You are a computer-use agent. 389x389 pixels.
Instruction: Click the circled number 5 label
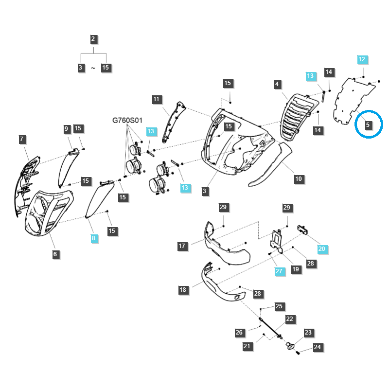click(368, 125)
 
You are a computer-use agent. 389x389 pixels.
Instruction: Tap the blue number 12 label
click(362, 59)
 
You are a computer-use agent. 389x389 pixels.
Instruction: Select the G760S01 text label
click(127, 120)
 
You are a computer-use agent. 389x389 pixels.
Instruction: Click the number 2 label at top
click(93, 39)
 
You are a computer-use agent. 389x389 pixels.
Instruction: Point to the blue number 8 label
click(93, 238)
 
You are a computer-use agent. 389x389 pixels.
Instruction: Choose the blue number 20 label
click(322, 249)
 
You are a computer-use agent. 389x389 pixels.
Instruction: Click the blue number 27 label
click(279, 271)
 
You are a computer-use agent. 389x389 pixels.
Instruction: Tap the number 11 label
click(156, 100)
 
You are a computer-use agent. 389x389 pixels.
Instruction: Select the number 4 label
click(277, 84)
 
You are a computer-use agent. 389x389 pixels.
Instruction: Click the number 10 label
click(299, 179)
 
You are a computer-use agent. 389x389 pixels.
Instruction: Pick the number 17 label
click(182, 246)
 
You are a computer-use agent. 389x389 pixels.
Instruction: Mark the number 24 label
click(318, 347)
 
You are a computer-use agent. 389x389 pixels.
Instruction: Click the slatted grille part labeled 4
click(298, 116)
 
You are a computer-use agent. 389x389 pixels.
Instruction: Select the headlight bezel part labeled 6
click(49, 212)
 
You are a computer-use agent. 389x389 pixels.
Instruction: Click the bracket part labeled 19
click(276, 242)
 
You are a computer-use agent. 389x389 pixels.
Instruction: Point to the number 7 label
click(22, 139)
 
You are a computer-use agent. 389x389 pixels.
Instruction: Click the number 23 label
click(308, 333)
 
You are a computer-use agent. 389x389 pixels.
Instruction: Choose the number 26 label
click(239, 333)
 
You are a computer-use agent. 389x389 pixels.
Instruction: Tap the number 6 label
click(55, 254)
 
